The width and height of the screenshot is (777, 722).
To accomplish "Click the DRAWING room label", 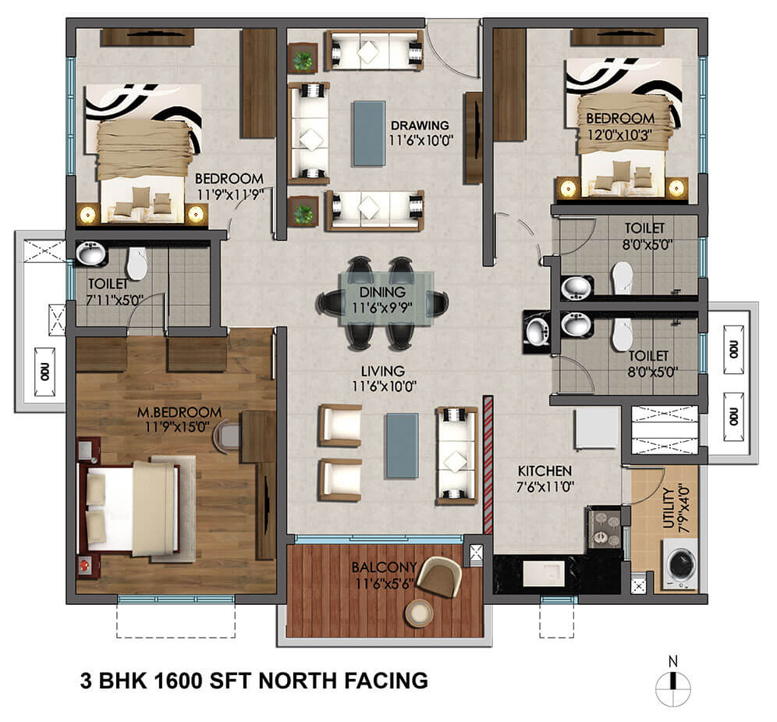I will pos(420,125).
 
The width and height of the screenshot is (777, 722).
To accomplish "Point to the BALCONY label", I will pos(378,567).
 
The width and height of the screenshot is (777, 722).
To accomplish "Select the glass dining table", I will pos(383,297).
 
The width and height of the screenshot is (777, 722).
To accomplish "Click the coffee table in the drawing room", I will pos(368,133).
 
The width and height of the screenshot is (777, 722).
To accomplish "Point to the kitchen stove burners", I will pos(602,528).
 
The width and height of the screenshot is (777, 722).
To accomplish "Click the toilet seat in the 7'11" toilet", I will pos(137,263).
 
